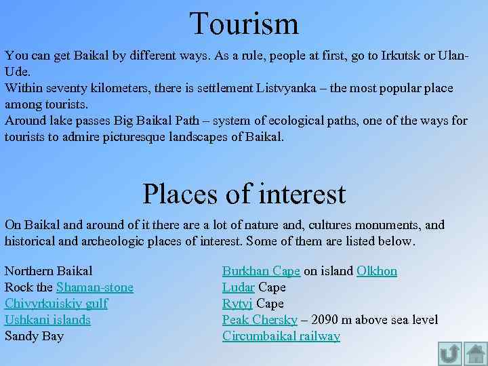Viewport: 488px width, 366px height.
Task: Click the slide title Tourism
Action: click(244, 24)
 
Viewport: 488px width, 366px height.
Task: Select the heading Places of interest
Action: click(244, 194)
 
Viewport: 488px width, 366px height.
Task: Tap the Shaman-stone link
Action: click(95, 287)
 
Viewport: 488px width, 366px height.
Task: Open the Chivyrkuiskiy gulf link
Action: click(56, 304)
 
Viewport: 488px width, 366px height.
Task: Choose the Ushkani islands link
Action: click(47, 320)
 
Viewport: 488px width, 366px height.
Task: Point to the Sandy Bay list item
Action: click(34, 336)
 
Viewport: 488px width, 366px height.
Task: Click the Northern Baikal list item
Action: click(48, 271)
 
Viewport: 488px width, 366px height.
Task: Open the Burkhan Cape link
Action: click(261, 271)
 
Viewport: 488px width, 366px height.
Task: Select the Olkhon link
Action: click(377, 271)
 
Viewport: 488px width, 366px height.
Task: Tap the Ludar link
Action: click(239, 287)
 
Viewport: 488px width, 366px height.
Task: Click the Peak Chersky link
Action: click(260, 320)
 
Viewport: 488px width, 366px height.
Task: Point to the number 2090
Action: click(327, 320)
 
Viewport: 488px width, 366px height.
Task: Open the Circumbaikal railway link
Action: click(281, 336)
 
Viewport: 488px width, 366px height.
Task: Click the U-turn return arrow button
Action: click(450, 353)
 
